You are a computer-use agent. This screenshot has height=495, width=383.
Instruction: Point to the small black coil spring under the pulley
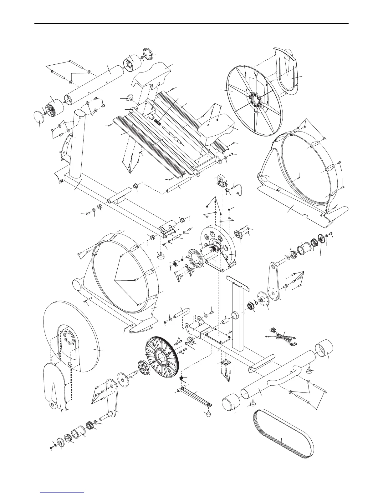tap(181, 379)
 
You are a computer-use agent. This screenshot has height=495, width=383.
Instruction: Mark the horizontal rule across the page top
tap(191, 23)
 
